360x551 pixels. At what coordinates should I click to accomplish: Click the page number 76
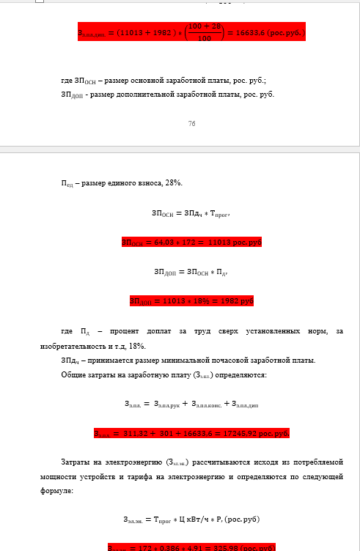191,124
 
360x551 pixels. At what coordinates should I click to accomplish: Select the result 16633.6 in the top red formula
251,33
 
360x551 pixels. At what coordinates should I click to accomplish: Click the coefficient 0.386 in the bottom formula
171,547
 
